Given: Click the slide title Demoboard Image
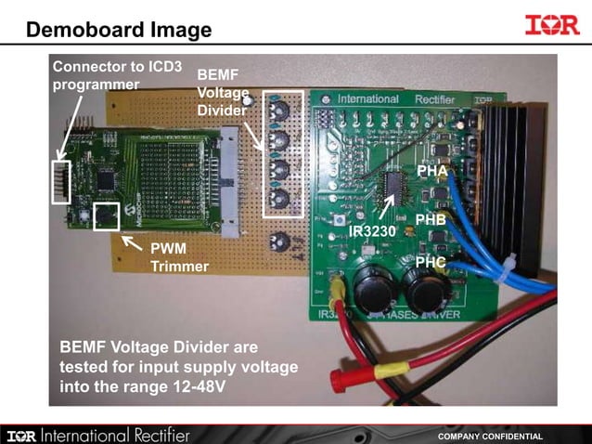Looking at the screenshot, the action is coord(119,30).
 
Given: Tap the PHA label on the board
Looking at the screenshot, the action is coord(432,171).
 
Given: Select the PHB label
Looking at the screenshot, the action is coord(431,220).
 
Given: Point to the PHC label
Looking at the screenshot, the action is coord(431,263).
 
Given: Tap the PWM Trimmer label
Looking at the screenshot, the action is coord(179,257).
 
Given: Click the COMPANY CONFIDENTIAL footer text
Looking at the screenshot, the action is coord(490,436).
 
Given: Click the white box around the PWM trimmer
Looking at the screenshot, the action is coord(108,215).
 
